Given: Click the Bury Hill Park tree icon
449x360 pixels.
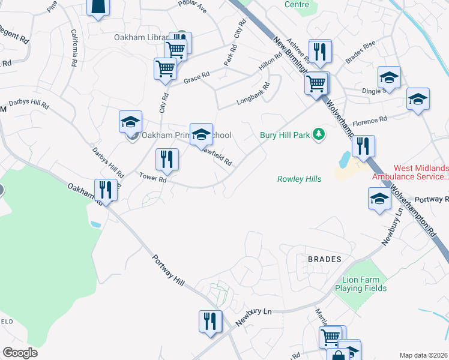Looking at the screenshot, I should pos(319,134).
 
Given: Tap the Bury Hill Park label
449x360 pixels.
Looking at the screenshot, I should pos(285,135).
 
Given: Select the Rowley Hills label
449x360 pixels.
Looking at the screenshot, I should pos(299,179).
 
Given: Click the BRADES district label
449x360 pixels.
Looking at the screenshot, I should pos(324,259).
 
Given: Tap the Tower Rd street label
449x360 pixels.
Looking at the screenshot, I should pos(152,178).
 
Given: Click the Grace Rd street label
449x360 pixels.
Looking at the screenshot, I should pos(196,78).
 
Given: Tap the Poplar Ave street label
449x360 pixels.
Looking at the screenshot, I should pos(192,7).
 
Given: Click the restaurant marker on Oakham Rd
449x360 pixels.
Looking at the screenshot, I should pos(106,190).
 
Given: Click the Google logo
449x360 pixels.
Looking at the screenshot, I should pos(20,353).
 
